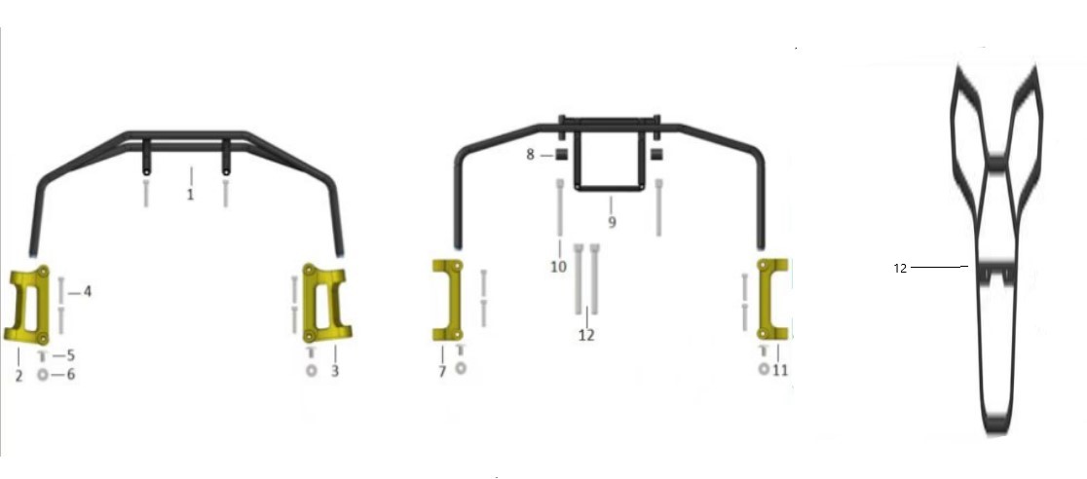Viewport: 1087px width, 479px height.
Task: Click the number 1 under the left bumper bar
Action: (x=190, y=195)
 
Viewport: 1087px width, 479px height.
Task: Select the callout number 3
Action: (x=335, y=372)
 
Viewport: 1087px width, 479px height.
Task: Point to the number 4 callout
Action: (x=88, y=292)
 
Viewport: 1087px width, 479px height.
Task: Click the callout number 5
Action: (x=71, y=355)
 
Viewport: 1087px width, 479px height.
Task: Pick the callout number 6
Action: (x=71, y=375)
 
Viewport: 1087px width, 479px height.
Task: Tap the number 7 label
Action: (x=441, y=372)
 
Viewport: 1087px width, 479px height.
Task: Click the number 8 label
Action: (x=530, y=155)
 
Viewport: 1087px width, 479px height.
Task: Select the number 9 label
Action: (x=612, y=223)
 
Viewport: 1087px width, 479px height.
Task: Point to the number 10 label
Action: (x=559, y=266)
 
